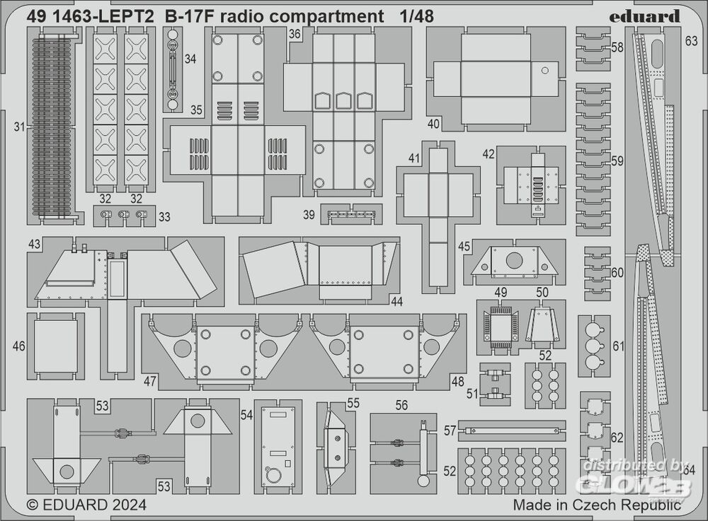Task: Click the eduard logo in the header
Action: pyautogui.click(x=645, y=16)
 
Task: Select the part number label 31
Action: pyautogui.click(x=19, y=127)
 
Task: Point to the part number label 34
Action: pyautogui.click(x=190, y=59)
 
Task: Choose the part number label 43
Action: pyautogui.click(x=34, y=243)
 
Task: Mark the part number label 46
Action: pyautogui.click(x=19, y=347)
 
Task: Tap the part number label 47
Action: pyautogui.click(x=149, y=381)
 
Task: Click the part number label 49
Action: pyautogui.click(x=501, y=292)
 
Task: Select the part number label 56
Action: pyautogui.click(x=401, y=405)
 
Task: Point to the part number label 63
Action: pyautogui.click(x=691, y=42)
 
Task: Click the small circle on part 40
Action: pyautogui.click(x=544, y=70)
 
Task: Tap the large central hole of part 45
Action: pyautogui.click(x=515, y=260)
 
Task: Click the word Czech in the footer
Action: pyautogui.click(x=598, y=505)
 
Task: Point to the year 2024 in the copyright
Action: pyautogui.click(x=128, y=505)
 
